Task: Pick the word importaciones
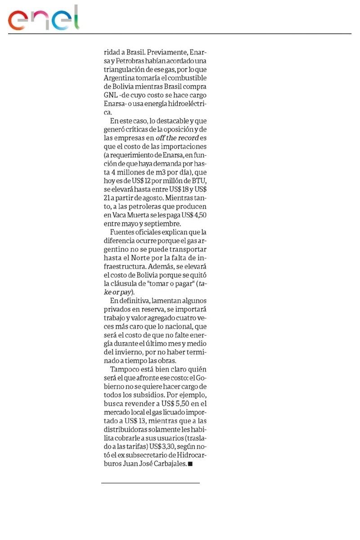(180, 147)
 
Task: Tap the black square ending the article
(190, 464)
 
